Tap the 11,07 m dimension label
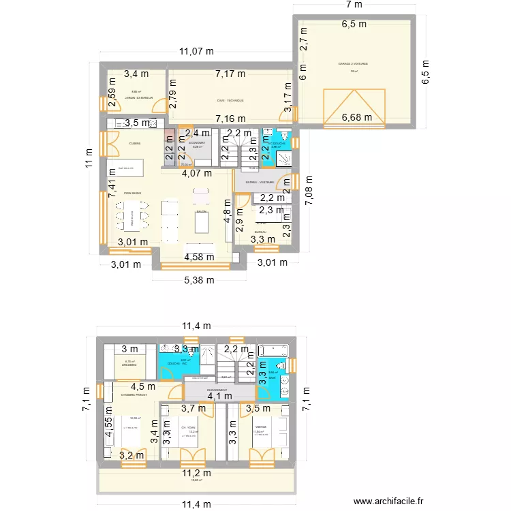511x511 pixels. coord(196,50)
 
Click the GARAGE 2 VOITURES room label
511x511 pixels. coord(353,64)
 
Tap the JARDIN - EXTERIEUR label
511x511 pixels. coord(129,98)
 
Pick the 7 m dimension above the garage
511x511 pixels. coord(354,5)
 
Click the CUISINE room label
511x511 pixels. coord(134,143)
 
